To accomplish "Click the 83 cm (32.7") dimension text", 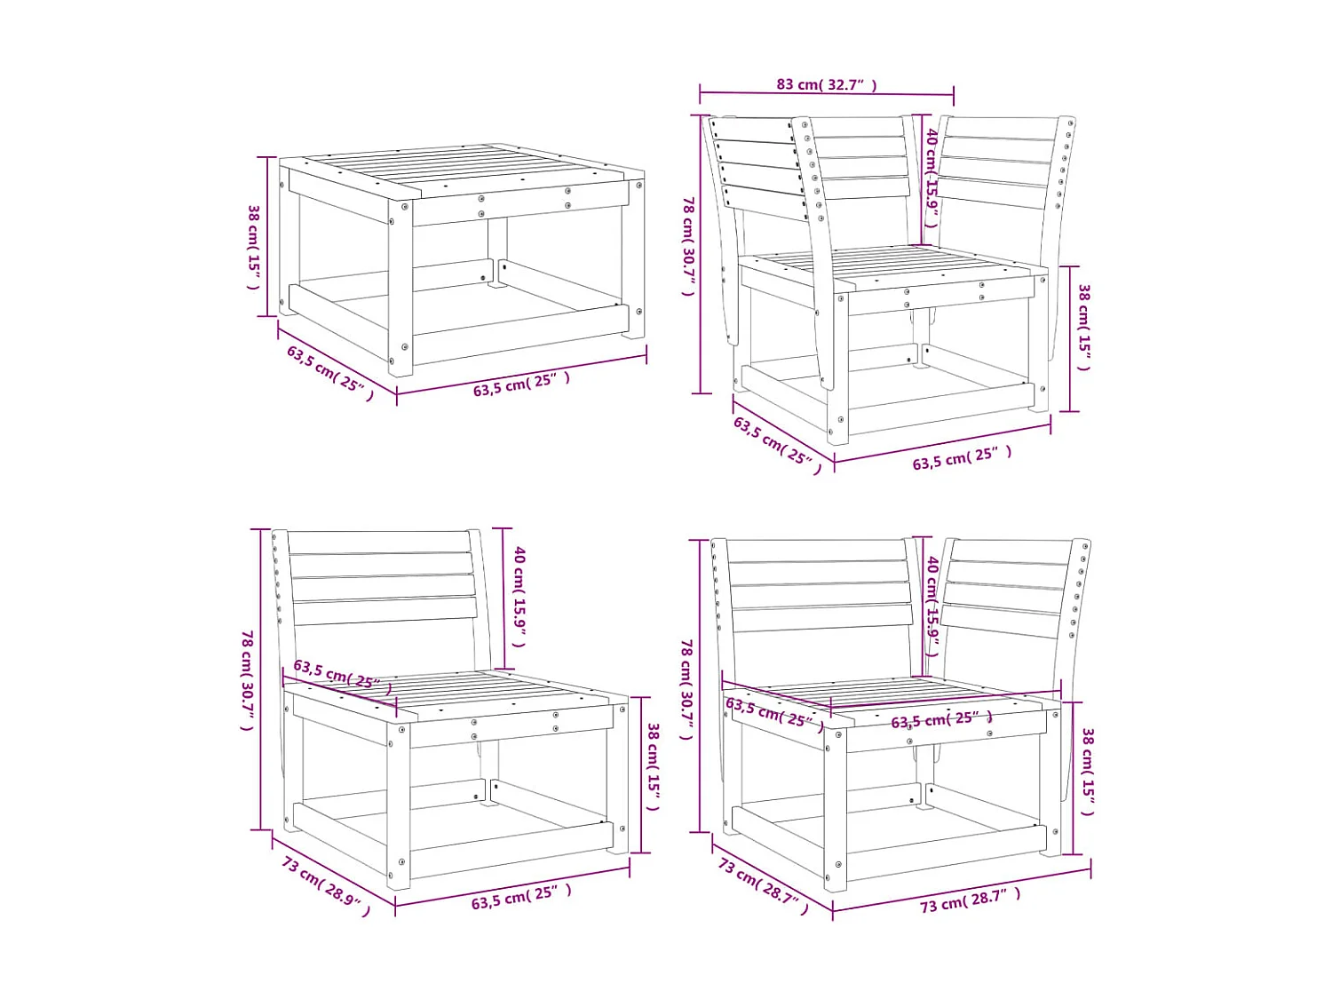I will click(826, 84).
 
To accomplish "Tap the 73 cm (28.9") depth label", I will click(325, 885).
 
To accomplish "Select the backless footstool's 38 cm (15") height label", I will click(254, 246).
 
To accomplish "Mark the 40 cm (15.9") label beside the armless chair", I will click(519, 596).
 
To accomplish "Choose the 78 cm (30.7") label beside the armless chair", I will click(248, 679).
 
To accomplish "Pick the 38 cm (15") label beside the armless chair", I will click(653, 766).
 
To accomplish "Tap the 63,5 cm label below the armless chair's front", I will click(521, 897).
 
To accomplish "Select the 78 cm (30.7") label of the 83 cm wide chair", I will click(688, 246).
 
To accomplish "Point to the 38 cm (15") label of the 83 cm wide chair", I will click(1084, 328).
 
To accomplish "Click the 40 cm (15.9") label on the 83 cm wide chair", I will click(932, 178).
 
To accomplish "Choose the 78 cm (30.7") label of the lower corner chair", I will click(686, 688).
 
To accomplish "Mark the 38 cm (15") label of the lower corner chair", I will click(1088, 772).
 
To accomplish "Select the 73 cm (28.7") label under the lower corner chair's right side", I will click(970, 900).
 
